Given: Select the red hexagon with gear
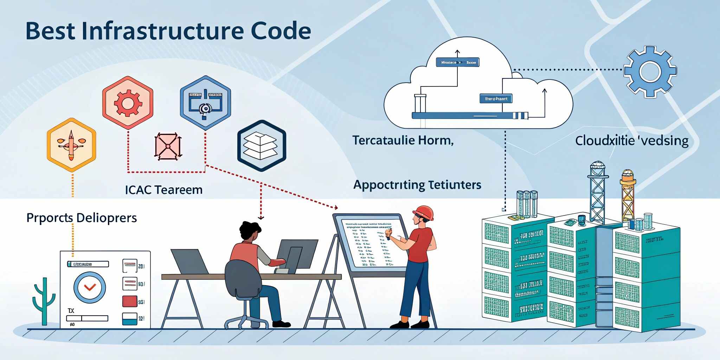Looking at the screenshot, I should click(x=128, y=102).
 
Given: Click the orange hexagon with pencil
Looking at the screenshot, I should click(x=71, y=144).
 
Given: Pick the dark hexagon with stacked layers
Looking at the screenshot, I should click(x=261, y=145).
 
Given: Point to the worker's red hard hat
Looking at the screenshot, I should click(x=424, y=212).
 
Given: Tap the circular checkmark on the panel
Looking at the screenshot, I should click(x=90, y=287).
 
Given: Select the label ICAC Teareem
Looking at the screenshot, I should click(x=164, y=190).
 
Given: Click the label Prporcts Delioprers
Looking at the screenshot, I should click(x=82, y=218).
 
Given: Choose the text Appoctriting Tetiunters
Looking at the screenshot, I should click(x=417, y=185).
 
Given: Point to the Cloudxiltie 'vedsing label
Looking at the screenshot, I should click(x=631, y=141).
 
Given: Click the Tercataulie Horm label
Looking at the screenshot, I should click(x=403, y=140).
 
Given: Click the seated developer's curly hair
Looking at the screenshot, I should click(x=250, y=230).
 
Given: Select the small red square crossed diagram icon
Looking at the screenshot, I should click(x=168, y=146).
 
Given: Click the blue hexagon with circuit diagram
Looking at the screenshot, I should click(x=205, y=102).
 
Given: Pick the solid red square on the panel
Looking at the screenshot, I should click(x=129, y=302).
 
